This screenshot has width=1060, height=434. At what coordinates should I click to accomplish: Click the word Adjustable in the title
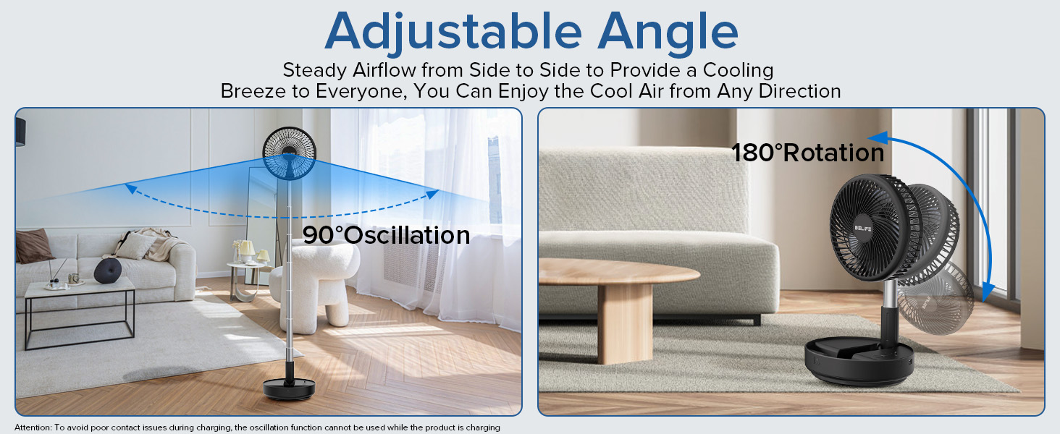pos(453,32)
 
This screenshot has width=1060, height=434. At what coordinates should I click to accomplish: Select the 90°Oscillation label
pos(386,235)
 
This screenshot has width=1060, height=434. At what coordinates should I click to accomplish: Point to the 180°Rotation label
pos(807,153)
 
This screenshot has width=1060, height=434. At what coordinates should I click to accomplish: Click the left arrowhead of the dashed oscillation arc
pos(130,188)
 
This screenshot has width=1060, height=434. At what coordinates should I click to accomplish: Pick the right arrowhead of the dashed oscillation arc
pos(432,193)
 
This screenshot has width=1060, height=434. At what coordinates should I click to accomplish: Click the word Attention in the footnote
pos(32,427)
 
